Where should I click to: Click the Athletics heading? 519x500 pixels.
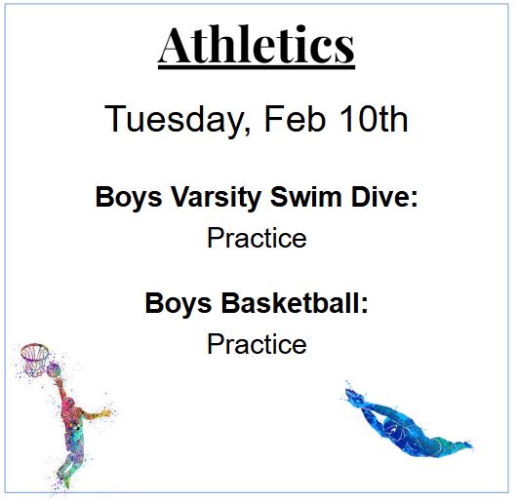(257, 45)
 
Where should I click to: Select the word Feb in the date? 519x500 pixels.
(282, 120)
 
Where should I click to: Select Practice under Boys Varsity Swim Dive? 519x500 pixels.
(257, 238)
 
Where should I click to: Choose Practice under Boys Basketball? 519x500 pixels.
(257, 344)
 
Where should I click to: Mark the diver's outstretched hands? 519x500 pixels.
(351, 395)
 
